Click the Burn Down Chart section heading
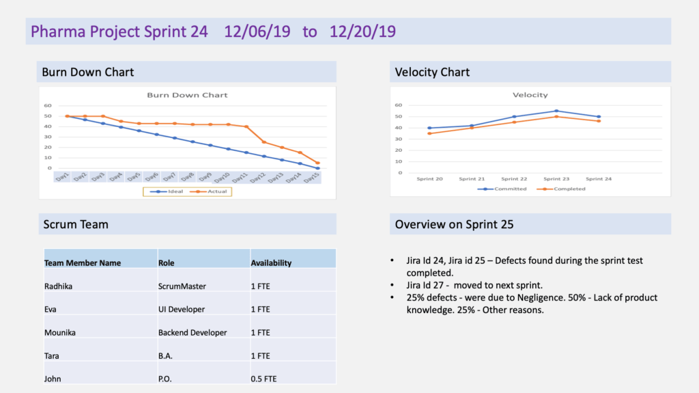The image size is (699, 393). point(88,72)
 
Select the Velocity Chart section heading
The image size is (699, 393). point(432,72)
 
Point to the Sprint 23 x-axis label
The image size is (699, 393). point(556,178)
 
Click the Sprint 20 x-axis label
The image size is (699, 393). point(429,178)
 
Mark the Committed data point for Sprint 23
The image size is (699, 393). point(556,111)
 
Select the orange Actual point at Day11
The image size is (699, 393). point(246,126)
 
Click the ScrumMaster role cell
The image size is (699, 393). point(182,286)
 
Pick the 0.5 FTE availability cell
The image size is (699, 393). point(263,379)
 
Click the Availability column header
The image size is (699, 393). point(271,262)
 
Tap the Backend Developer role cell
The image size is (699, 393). point(192,333)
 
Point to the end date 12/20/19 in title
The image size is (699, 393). point(362,31)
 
